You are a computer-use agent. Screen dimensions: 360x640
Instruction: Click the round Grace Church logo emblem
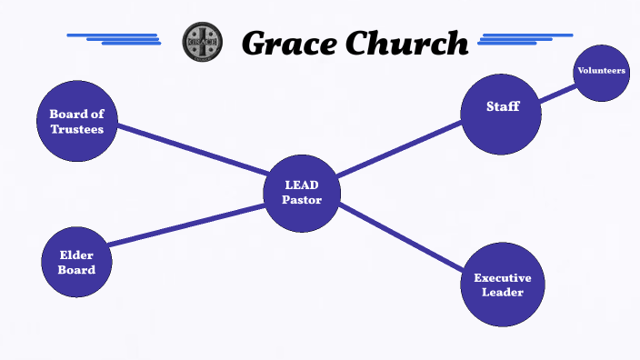[x=201, y=42]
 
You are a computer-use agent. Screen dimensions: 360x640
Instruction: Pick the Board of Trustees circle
[x=77, y=121]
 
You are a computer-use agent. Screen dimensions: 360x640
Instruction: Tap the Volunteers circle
[x=602, y=72]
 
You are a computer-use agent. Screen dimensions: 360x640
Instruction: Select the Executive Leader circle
[x=503, y=285]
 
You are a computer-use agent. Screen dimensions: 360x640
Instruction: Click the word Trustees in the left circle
[x=77, y=129]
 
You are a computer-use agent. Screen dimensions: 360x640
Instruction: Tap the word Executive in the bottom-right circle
[x=503, y=278]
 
